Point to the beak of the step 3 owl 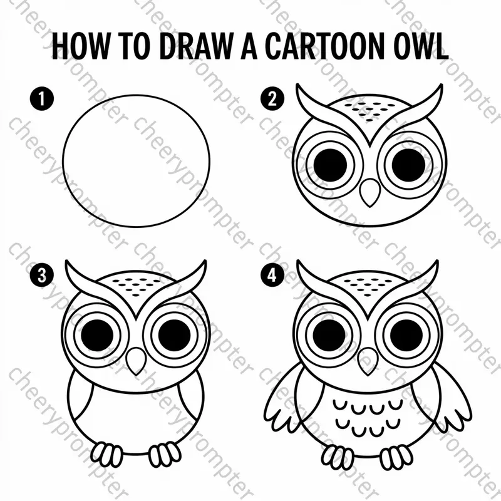pyautogui.click(x=136, y=361)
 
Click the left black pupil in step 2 pyautogui.click(x=330, y=163)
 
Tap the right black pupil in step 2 pyautogui.click(x=408, y=163)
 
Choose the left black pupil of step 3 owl pyautogui.click(x=97, y=335)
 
